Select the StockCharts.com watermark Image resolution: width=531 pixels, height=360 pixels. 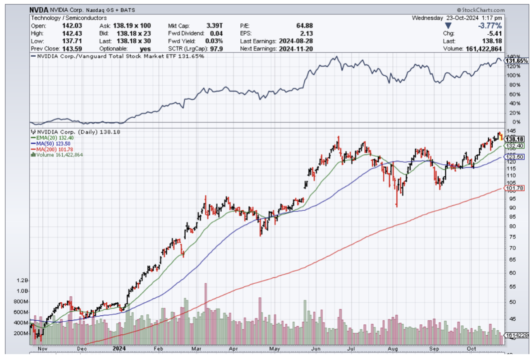click(481, 10)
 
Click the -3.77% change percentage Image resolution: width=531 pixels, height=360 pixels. click(490, 26)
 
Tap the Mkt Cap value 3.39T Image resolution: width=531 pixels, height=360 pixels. click(213, 26)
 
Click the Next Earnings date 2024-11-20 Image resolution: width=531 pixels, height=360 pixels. click(296, 48)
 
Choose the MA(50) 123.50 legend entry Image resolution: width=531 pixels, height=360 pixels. click(48, 143)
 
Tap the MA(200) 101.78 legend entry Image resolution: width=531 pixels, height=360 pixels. click(49, 149)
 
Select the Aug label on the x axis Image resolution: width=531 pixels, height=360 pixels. click(393, 349)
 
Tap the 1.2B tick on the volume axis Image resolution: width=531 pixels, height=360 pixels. click(22, 280)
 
